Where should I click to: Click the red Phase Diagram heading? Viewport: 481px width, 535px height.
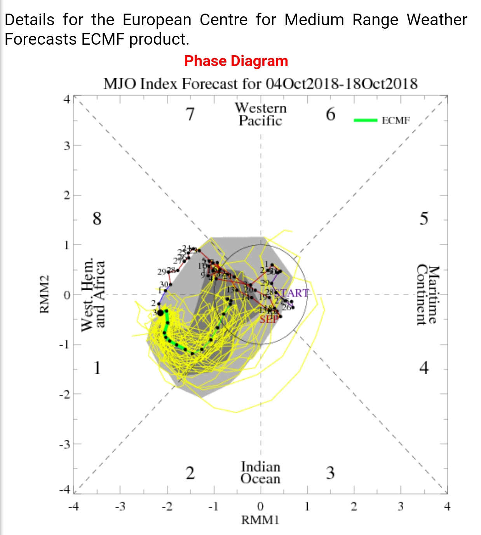(x=236, y=61)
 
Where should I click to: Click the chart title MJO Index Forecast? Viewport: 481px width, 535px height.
(x=260, y=84)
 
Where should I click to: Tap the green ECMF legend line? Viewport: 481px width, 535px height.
(x=365, y=120)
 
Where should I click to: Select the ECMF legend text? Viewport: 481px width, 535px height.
(x=396, y=120)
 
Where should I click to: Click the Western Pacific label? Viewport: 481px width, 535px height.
(x=261, y=114)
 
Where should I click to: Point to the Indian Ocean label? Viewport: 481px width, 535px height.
(x=260, y=472)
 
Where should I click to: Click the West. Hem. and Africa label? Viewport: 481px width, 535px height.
(x=93, y=294)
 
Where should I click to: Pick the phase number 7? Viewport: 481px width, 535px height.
(x=190, y=114)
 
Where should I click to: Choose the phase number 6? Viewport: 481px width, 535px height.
(x=331, y=114)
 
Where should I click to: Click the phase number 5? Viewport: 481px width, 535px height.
(x=423, y=218)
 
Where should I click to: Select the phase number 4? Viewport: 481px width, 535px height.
(x=423, y=368)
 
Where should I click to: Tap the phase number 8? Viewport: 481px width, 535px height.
(x=97, y=218)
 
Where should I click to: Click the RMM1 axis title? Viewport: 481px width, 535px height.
(x=260, y=520)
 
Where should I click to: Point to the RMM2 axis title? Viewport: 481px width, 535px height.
(x=45, y=294)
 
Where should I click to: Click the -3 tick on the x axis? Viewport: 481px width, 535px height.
(x=120, y=507)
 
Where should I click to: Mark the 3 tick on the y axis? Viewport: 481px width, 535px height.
(x=67, y=146)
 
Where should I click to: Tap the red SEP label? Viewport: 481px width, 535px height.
(x=269, y=319)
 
